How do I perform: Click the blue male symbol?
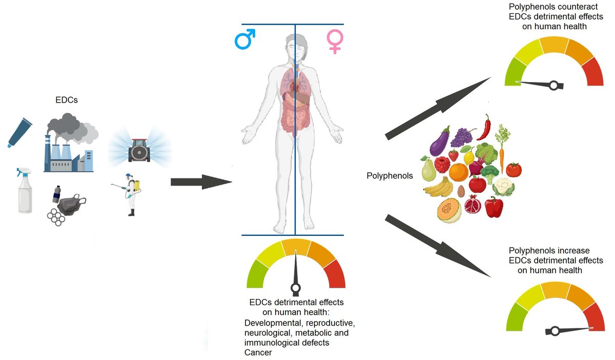point(245,39)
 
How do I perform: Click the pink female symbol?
point(335,41)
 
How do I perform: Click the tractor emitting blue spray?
point(139,150)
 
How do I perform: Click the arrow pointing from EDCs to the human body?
point(200,182)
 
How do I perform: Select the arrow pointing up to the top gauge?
point(438,108)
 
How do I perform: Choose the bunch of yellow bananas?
point(439,189)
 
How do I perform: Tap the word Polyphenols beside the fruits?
point(389,176)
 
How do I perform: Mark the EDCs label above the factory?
point(67,101)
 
